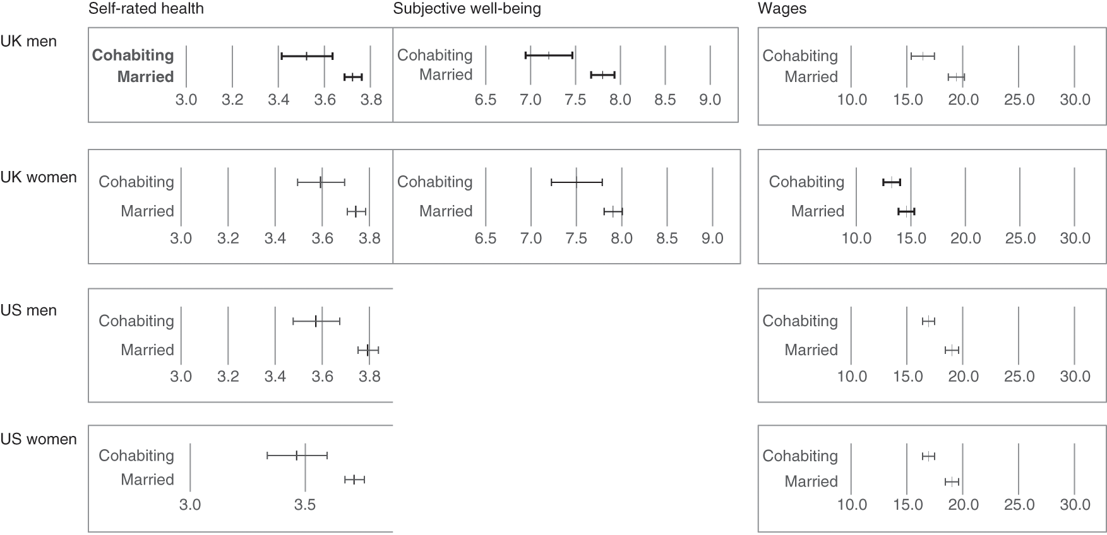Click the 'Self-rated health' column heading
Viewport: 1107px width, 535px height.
pyautogui.click(x=146, y=9)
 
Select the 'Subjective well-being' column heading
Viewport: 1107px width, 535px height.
pyautogui.click(x=467, y=9)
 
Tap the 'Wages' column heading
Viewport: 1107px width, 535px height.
pyautogui.click(x=782, y=9)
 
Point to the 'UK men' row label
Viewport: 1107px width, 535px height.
pyautogui.click(x=28, y=42)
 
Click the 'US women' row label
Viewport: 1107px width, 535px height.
pyautogui.click(x=39, y=439)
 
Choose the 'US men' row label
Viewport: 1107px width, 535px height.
pyautogui.click(x=28, y=310)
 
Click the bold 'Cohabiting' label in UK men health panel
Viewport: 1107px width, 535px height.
pyautogui.click(x=133, y=56)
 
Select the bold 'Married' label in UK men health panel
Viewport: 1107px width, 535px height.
pyautogui.click(x=145, y=77)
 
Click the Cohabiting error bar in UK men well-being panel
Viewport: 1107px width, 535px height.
pyautogui.click(x=549, y=56)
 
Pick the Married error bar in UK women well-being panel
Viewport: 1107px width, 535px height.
pyautogui.click(x=613, y=211)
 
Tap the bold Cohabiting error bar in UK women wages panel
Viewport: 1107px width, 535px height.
pyautogui.click(x=892, y=182)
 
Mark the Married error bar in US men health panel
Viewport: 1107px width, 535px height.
pyautogui.click(x=368, y=350)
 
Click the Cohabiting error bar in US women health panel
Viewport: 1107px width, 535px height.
pyautogui.click(x=297, y=455)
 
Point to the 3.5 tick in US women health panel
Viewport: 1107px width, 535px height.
pyautogui.click(x=305, y=505)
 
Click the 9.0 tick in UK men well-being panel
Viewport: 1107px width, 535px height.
pyautogui.click(x=710, y=100)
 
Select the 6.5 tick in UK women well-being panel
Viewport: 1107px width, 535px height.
pyautogui.click(x=485, y=238)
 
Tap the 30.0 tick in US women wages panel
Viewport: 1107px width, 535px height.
pyautogui.click(x=1075, y=505)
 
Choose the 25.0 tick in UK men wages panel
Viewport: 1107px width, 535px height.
pyautogui.click(x=1019, y=100)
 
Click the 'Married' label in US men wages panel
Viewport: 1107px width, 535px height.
pyautogui.click(x=811, y=350)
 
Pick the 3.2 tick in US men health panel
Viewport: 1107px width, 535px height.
pyautogui.click(x=228, y=377)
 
